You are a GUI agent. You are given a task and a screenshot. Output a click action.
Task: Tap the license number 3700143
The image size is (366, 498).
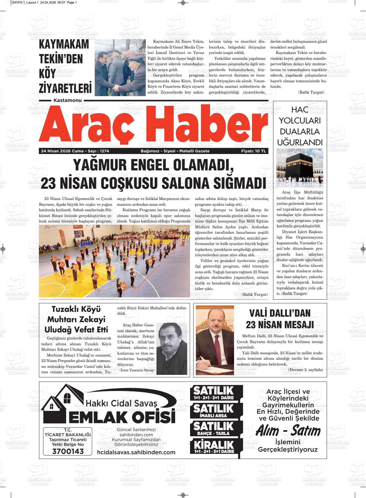[x=67, y=451]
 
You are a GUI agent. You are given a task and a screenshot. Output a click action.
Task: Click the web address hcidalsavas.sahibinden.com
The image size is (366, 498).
[x=136, y=452]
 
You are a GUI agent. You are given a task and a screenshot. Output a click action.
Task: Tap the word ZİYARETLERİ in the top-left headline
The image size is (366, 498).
[x=65, y=88]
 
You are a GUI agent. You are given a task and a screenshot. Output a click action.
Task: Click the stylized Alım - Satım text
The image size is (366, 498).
[x=288, y=431]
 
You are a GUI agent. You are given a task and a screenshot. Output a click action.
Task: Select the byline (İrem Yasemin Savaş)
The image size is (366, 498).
[x=137, y=370]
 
